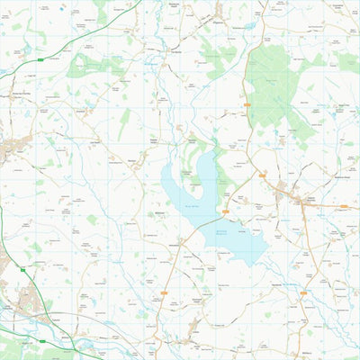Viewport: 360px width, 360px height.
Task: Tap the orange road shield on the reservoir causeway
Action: (225, 211)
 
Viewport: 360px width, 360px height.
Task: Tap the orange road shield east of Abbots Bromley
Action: (344, 206)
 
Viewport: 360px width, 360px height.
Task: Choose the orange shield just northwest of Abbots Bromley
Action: (262, 175)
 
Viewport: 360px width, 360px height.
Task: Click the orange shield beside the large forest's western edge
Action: (247, 105)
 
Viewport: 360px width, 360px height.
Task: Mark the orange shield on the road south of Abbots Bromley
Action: (303, 292)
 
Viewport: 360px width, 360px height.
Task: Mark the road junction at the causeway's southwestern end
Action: (183, 241)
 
